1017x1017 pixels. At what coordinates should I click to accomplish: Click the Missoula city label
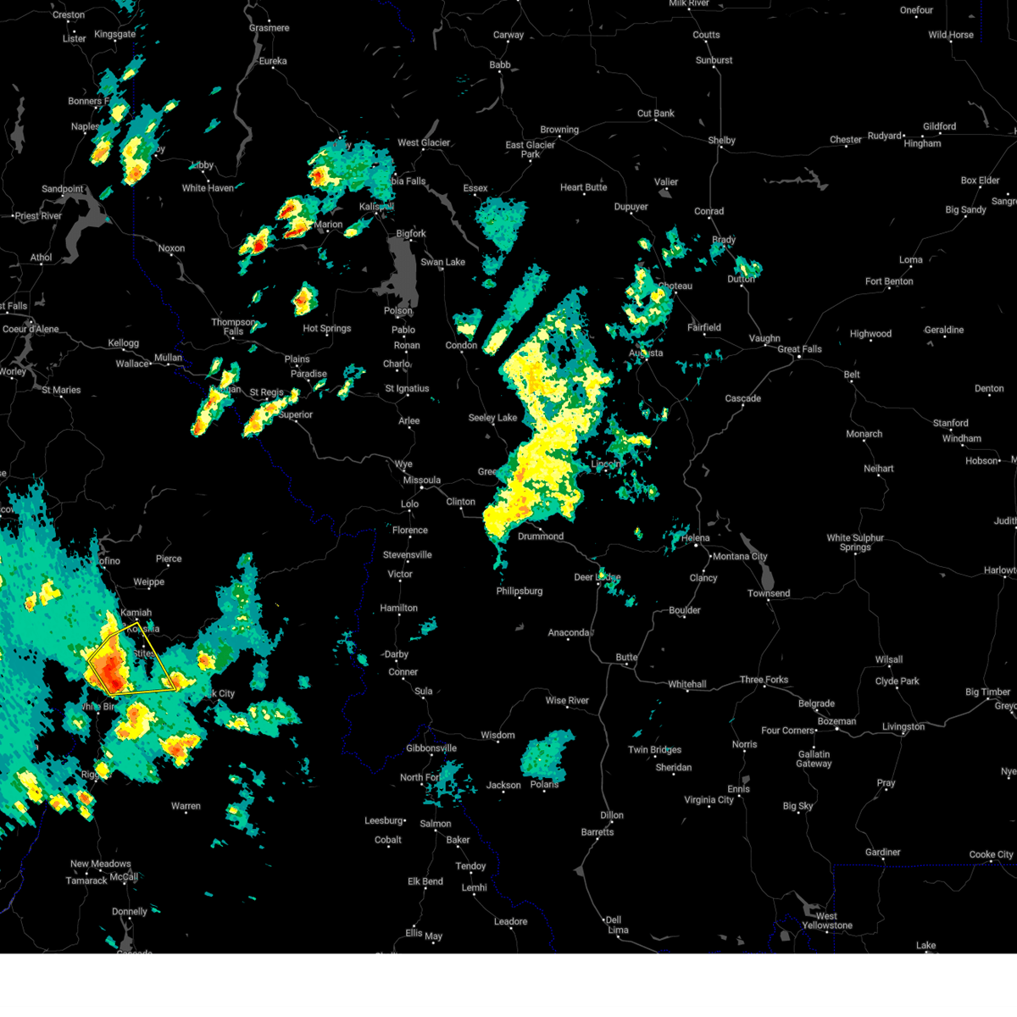421,481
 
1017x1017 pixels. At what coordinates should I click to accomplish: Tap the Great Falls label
799,349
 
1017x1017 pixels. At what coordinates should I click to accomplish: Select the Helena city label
695,538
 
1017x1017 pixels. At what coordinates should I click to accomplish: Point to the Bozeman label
836,721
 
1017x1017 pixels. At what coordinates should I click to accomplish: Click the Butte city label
626,658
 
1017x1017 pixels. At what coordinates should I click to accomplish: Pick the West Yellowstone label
826,920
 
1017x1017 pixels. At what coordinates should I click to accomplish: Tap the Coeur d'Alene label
31,329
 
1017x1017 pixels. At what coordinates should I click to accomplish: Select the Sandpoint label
63,189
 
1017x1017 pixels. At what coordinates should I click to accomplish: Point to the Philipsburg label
519,592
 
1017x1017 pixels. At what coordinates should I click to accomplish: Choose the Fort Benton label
889,281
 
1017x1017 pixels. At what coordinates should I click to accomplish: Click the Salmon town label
435,824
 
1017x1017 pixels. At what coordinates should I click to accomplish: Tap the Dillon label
612,815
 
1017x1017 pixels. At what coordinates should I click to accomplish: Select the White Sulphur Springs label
855,542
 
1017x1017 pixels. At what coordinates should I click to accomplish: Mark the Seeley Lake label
492,418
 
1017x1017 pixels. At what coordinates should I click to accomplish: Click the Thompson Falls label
234,327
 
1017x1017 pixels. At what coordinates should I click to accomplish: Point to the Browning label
559,130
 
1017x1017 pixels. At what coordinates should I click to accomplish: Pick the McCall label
124,877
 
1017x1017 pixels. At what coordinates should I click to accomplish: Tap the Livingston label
903,727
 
